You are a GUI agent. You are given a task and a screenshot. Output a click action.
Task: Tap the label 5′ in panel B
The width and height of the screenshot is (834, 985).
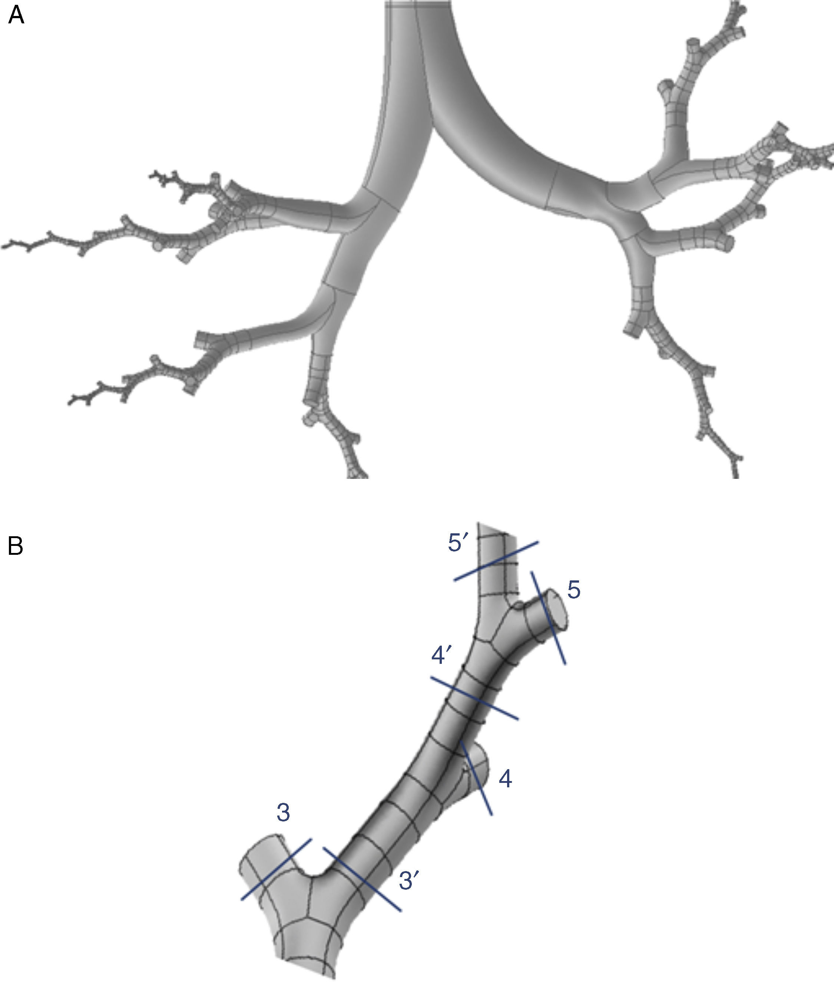pyautogui.click(x=458, y=543)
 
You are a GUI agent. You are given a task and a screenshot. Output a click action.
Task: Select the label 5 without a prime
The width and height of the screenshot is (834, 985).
pyautogui.click(x=574, y=590)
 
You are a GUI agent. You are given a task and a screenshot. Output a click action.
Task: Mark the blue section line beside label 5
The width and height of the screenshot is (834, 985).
pyautogui.click(x=549, y=618)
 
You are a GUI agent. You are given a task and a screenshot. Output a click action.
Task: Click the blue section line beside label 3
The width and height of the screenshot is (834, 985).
pyautogui.click(x=277, y=869)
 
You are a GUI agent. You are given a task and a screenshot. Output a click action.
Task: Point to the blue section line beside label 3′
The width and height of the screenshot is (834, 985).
pyautogui.click(x=362, y=879)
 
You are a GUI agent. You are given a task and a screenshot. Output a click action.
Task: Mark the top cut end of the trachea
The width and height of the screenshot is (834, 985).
pyautogui.click(x=417, y=5)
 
